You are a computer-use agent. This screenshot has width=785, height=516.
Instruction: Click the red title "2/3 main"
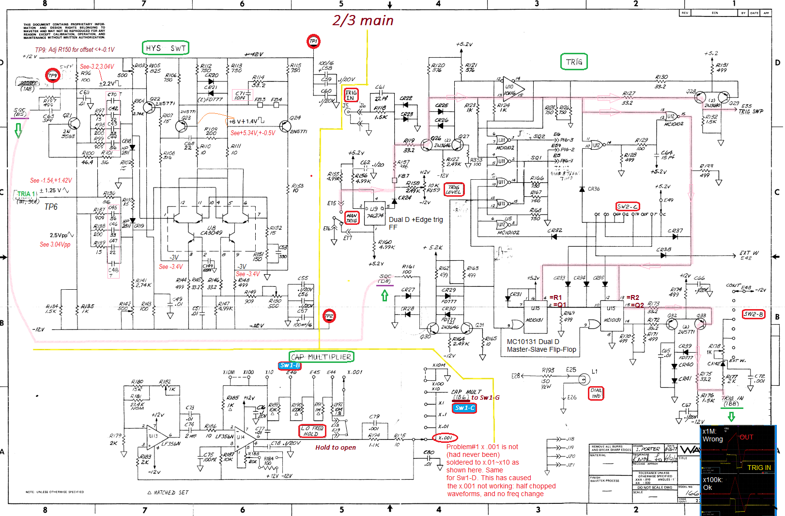363,20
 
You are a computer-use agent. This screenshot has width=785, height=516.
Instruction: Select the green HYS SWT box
165,48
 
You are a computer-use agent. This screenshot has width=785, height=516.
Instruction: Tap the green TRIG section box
574,62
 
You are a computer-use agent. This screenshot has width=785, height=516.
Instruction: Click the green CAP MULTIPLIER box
322,357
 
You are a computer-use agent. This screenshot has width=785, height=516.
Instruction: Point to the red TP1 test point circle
313,41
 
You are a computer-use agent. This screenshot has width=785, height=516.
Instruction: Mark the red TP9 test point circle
52,76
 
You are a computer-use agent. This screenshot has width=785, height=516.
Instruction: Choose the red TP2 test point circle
329,316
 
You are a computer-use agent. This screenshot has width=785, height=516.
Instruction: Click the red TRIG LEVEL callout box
454,189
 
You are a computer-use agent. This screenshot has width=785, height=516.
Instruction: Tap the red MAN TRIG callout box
352,218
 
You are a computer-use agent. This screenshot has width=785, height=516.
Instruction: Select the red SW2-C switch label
627,206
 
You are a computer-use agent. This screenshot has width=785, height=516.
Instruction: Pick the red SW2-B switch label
754,314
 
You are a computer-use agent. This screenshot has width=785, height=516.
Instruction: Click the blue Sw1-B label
290,365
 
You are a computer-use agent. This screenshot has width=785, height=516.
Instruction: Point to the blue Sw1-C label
464,408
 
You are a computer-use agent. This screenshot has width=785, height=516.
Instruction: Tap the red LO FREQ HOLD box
312,431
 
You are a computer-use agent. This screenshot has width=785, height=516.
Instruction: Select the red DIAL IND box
596,393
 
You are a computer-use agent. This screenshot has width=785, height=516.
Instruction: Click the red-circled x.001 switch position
445,438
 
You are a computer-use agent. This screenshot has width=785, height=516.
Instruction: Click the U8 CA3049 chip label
211,230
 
